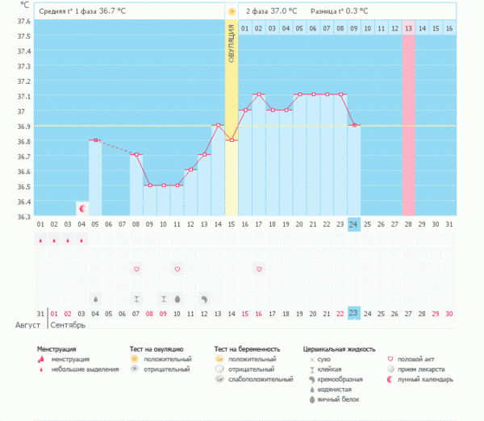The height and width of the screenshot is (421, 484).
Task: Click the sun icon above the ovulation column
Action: click(x=232, y=12)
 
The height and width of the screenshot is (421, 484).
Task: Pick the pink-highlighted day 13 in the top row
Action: click(x=408, y=28)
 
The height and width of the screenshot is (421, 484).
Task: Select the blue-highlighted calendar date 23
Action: click(x=353, y=313)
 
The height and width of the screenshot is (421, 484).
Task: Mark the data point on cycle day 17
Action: click(x=259, y=94)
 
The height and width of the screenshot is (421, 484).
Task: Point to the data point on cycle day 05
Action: click(x=95, y=140)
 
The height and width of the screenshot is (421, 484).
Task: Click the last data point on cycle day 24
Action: click(x=353, y=125)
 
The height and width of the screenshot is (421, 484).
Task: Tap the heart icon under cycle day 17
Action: click(x=259, y=269)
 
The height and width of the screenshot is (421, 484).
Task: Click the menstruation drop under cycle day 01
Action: click(x=40, y=240)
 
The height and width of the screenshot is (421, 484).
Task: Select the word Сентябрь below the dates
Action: click(x=68, y=325)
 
